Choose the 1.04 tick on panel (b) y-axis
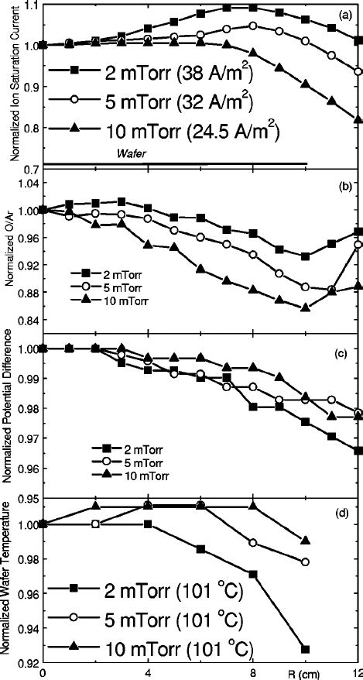26,183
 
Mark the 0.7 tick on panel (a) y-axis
31,167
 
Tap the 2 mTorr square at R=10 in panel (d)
306,649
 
